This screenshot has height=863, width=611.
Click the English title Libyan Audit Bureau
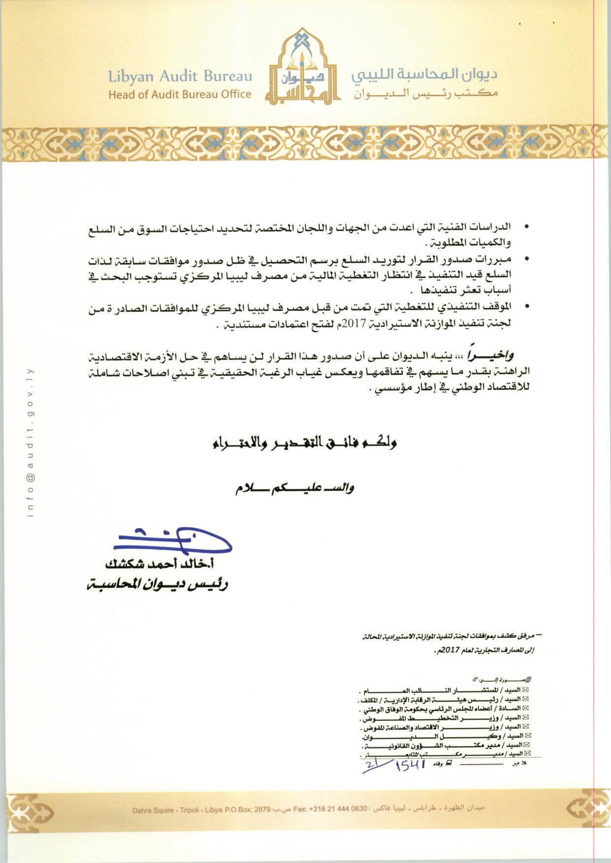[180, 76]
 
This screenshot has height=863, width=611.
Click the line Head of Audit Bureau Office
[180, 94]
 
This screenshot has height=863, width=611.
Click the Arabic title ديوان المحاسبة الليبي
[424, 75]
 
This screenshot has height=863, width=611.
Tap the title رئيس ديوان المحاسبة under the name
[157, 585]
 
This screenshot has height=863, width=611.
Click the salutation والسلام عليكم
[294, 489]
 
